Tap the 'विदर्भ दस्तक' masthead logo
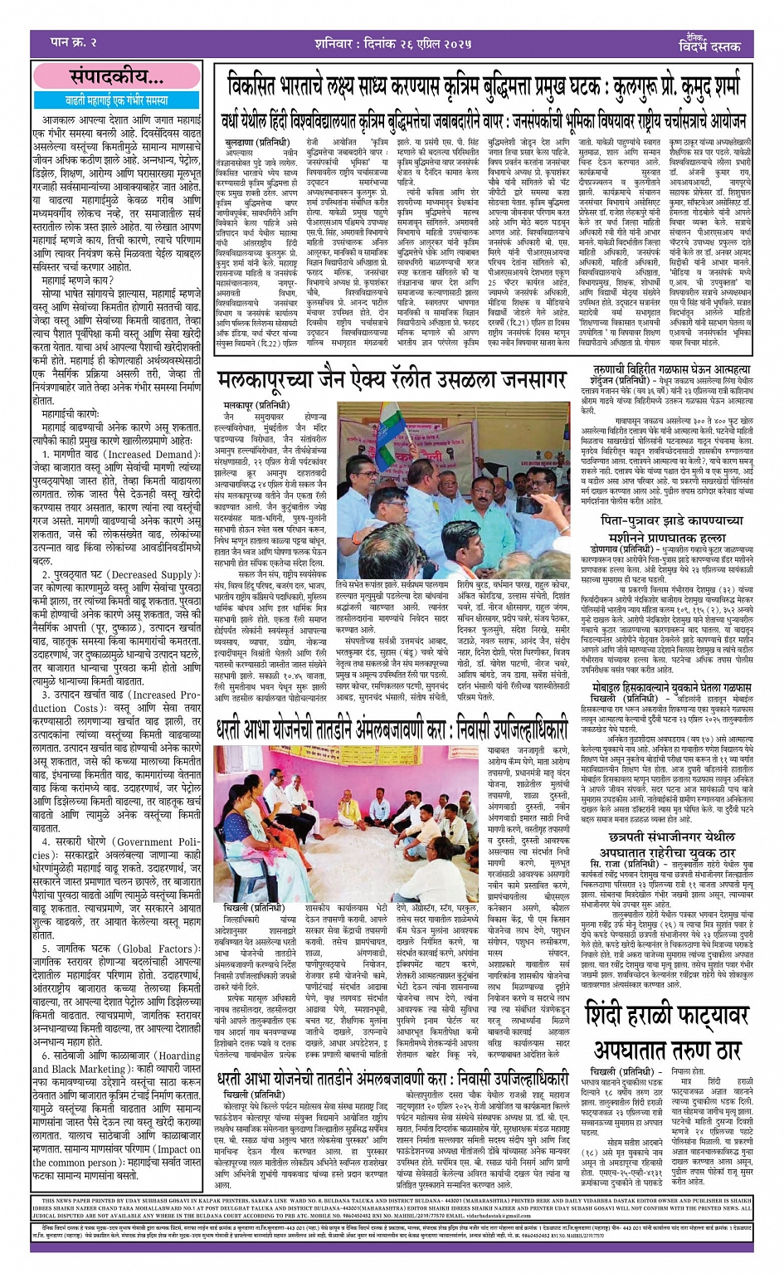pyautogui.click(x=712, y=44)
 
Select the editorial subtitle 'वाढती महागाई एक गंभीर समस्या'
pyautogui.click(x=116, y=100)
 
